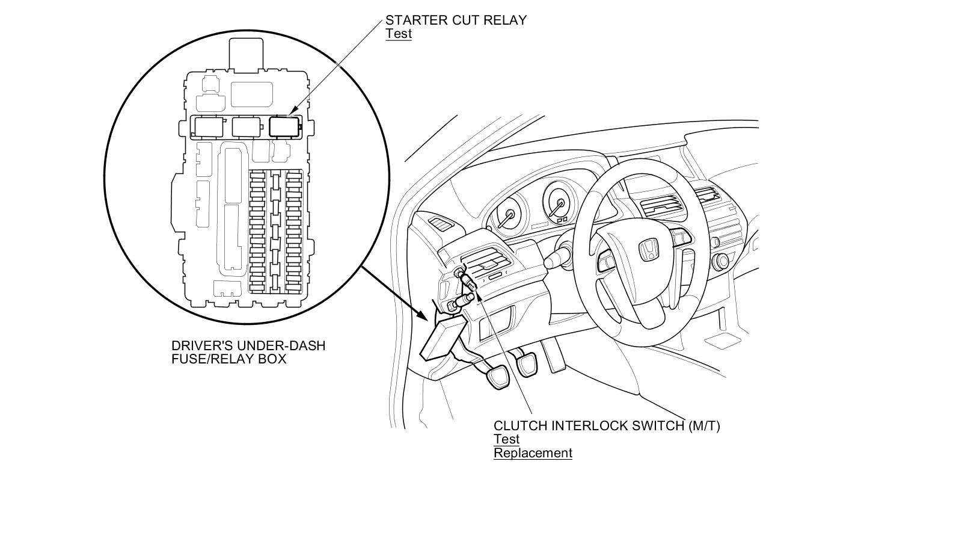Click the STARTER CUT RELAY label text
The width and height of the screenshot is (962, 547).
[x=456, y=20]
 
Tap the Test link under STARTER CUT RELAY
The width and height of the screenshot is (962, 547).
[x=399, y=34]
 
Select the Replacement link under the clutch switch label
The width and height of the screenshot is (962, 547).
[x=533, y=453]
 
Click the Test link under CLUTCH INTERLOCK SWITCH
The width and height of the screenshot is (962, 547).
[x=506, y=439]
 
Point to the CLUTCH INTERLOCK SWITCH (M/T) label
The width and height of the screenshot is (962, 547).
[x=607, y=426]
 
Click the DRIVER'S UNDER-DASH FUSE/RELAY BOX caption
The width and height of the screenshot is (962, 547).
[x=248, y=352]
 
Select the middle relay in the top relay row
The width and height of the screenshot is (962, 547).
[x=246, y=126]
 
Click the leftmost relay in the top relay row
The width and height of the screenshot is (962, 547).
[x=208, y=126]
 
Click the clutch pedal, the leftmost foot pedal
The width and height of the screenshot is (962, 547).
[x=498, y=377]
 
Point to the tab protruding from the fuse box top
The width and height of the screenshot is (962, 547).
[x=246, y=52]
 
